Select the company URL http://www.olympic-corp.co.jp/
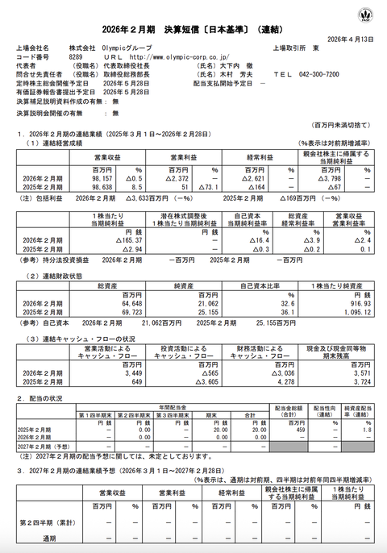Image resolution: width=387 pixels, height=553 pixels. (x=172, y=57)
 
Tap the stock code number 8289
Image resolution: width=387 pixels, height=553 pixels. (x=75, y=57)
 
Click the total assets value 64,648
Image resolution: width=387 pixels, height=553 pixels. (x=102, y=302)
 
